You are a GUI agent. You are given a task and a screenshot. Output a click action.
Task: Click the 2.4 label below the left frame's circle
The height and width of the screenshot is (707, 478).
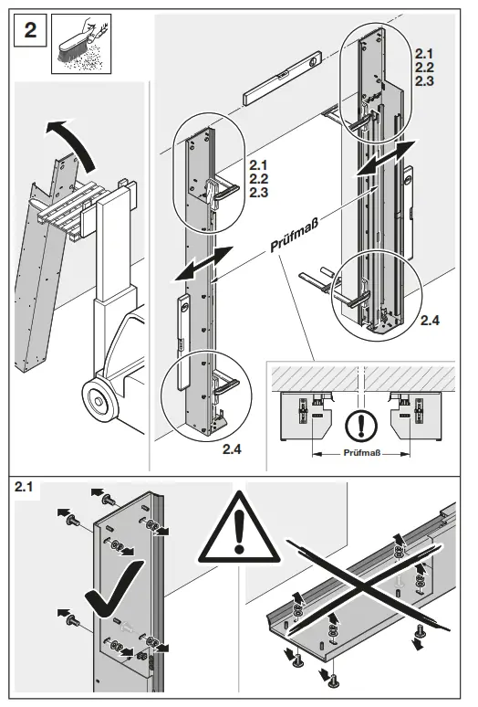pos(234,449)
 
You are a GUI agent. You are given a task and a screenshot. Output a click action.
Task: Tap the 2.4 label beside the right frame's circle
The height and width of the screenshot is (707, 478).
pos(430,321)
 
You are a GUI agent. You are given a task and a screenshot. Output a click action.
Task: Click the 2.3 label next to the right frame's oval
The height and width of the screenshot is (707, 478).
pos(426,82)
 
